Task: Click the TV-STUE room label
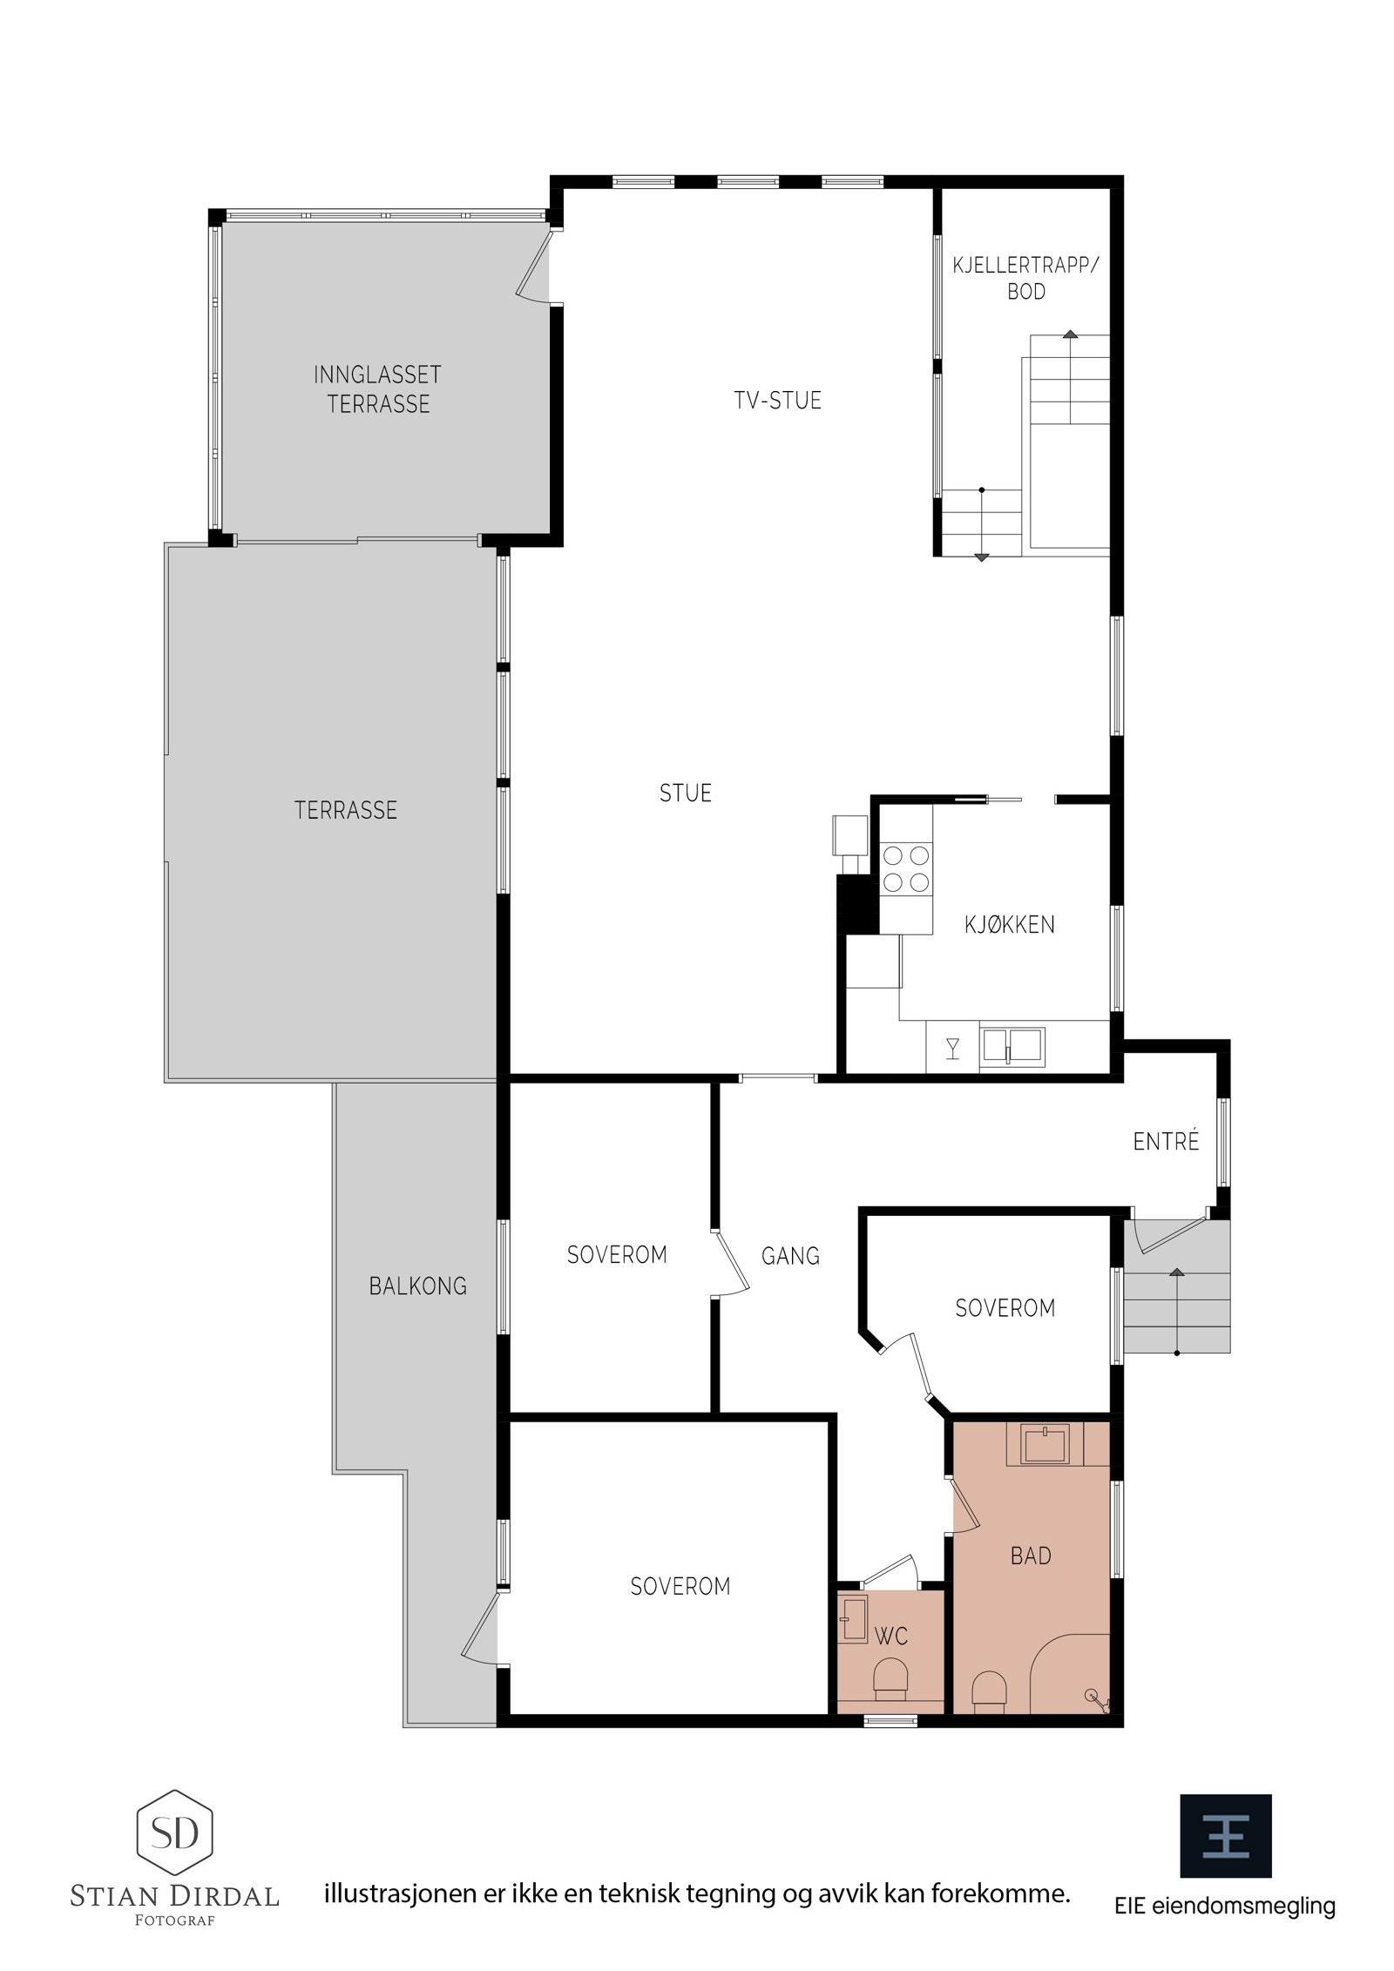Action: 777,401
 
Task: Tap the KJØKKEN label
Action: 1009,924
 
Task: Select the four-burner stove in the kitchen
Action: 905,868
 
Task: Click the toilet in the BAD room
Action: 989,1689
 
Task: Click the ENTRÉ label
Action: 1166,1141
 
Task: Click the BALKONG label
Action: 417,1286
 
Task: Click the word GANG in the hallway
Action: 790,1255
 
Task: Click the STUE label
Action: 685,793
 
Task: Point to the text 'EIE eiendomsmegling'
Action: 1224,1906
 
